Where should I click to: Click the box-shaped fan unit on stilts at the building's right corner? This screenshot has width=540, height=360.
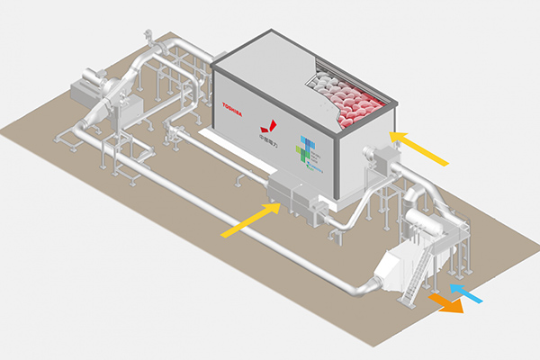point(380,160)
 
